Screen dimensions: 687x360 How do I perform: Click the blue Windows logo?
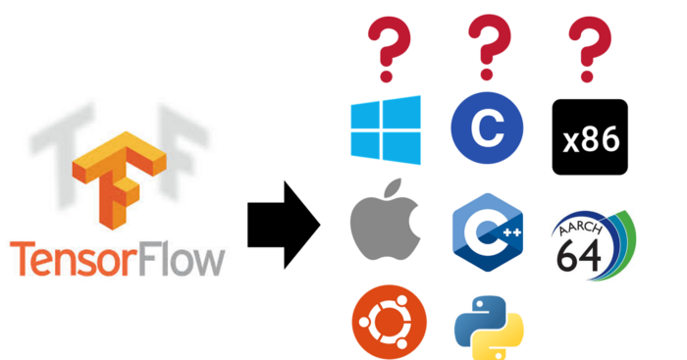tap(386, 130)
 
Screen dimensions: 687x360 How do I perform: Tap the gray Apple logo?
tap(386, 229)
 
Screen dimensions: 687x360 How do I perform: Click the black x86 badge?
tap(589, 136)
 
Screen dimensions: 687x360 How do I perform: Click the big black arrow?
tap(285, 224)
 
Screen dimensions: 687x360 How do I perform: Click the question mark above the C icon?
tap(488, 49)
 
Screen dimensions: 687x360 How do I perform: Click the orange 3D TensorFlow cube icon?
tap(121, 177)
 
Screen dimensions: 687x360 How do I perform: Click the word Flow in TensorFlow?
tap(185, 260)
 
